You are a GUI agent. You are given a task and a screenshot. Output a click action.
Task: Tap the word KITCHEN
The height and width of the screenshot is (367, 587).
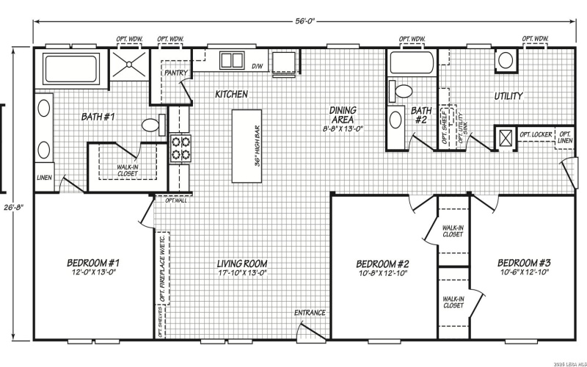point(230,95)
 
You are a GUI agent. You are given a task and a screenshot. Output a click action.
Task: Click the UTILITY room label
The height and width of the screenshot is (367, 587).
point(508,96)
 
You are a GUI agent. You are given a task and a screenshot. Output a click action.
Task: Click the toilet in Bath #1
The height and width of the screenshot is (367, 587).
point(152,126)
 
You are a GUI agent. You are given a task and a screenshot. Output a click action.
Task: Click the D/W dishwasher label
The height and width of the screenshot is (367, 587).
point(258,67)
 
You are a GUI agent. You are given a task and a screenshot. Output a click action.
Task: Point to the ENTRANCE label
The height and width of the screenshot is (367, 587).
point(310,313)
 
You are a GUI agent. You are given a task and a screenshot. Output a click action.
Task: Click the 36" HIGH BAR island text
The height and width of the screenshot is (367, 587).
point(258,145)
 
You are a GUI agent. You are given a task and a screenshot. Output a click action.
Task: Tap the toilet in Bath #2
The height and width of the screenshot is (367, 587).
point(401,91)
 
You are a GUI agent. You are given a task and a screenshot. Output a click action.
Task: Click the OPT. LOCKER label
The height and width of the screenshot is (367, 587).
point(535,135)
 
